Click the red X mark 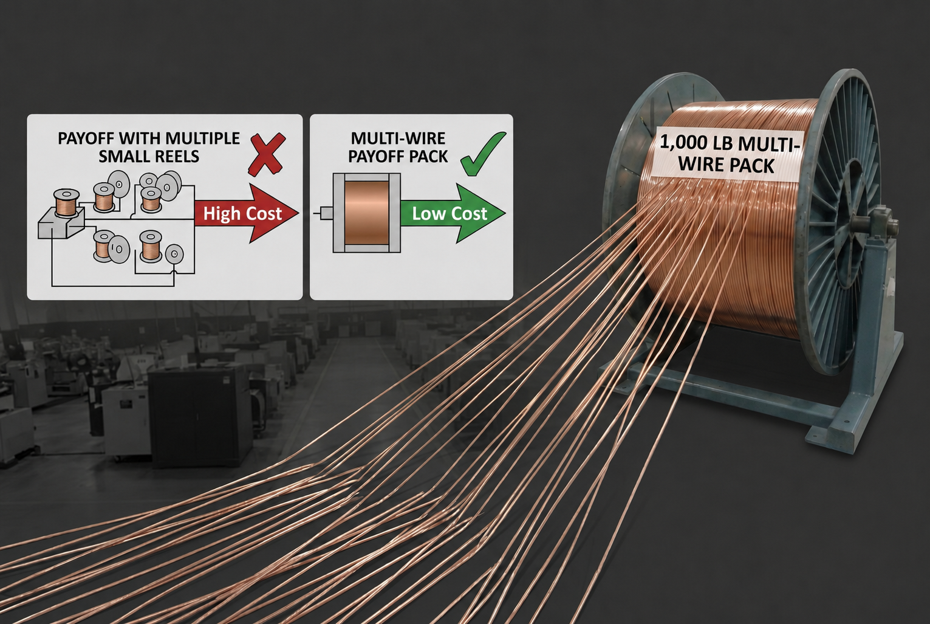click(x=267, y=154)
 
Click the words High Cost click(x=242, y=213)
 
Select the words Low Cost click(x=450, y=213)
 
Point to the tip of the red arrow click(x=298, y=213)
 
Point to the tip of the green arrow click(x=505, y=213)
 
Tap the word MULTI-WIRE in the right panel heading click(x=398, y=139)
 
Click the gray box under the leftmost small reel click(x=61, y=224)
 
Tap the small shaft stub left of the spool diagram click(x=326, y=213)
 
